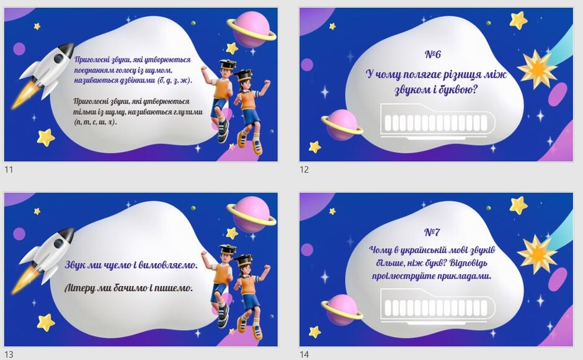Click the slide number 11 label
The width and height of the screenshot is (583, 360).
point(9,169)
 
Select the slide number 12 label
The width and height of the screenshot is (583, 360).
point(304,169)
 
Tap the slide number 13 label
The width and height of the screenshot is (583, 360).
point(9,354)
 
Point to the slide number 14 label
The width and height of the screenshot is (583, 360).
point(304,354)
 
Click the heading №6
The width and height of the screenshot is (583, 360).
point(433,55)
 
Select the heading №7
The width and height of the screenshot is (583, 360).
point(432,232)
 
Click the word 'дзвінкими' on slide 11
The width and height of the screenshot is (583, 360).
point(137,81)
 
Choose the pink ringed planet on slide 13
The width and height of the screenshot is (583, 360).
point(252,214)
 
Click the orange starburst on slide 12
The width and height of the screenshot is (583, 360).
point(537,70)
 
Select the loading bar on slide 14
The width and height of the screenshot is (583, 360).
point(438,306)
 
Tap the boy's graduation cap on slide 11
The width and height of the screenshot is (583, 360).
point(228,65)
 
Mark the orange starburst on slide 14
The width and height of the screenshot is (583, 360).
point(537,254)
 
